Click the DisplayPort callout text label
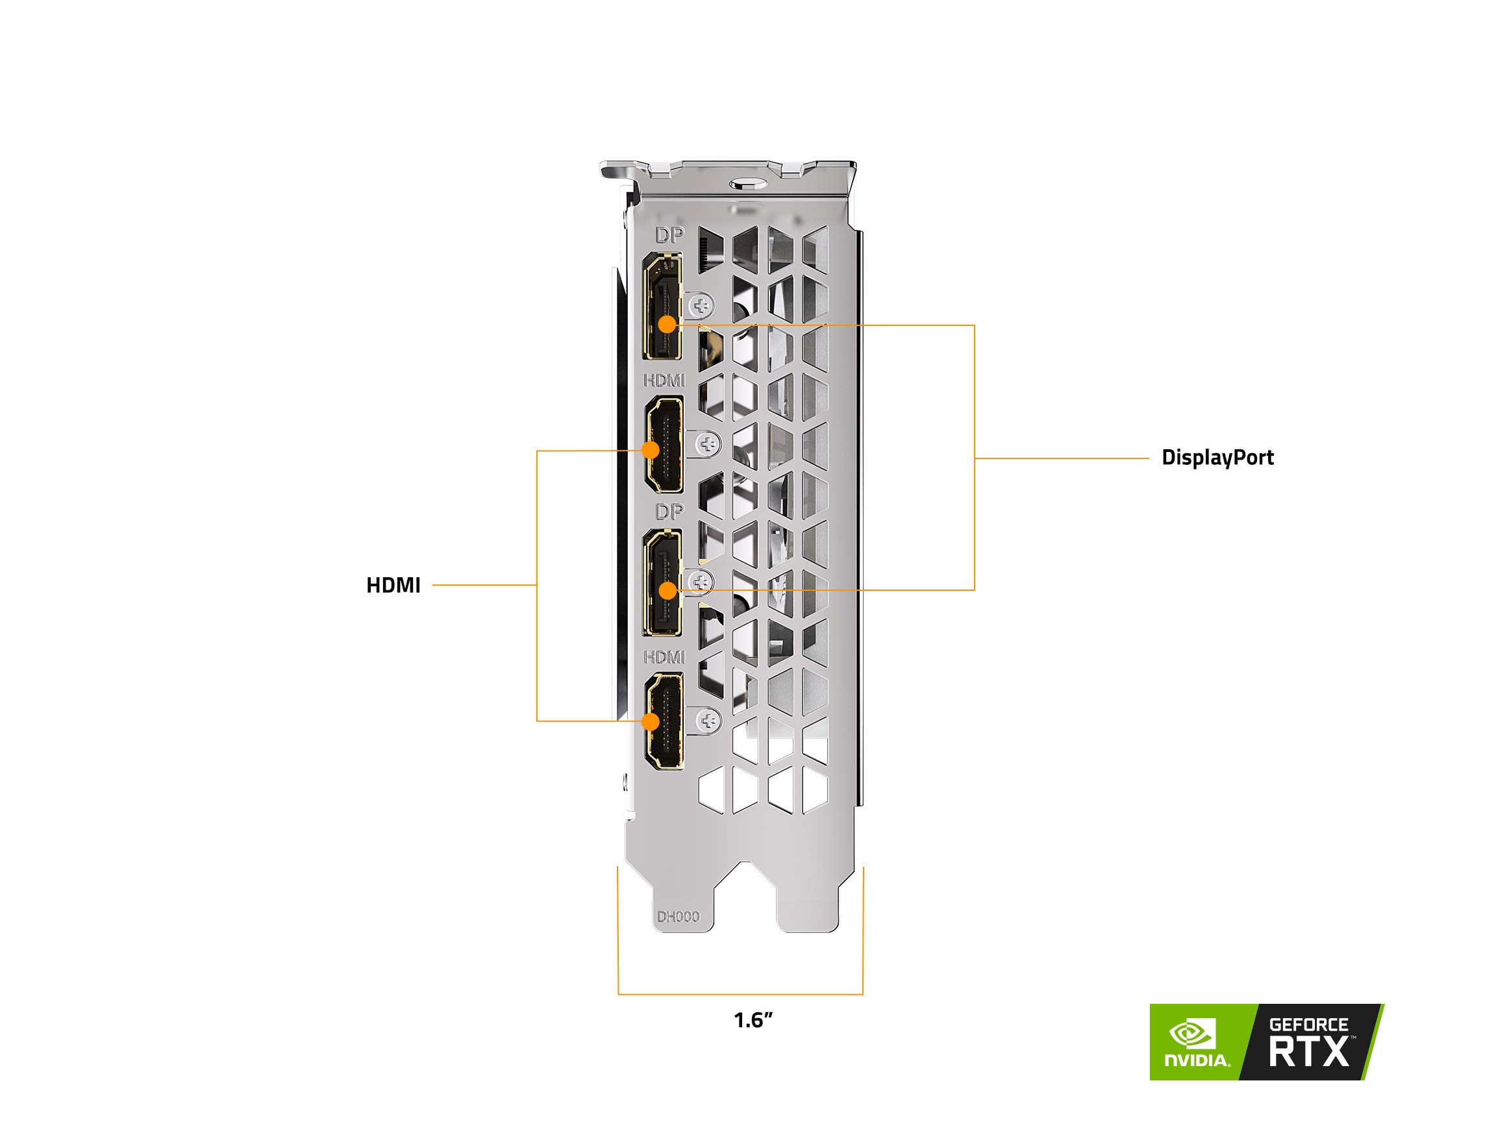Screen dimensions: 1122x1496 click(1217, 458)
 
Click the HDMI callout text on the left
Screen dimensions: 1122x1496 click(393, 586)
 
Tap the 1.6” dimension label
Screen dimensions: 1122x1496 click(753, 1020)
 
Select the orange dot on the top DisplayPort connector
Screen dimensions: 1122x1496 click(667, 325)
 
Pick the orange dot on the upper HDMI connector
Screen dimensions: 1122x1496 click(651, 450)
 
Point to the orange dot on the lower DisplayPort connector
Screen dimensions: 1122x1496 click(667, 591)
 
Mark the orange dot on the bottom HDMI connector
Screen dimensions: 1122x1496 click(651, 721)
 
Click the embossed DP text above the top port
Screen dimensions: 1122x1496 click(669, 235)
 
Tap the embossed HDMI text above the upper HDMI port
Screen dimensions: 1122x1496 click(664, 380)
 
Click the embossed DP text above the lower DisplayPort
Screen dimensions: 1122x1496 click(669, 511)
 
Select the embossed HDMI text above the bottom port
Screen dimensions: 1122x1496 click(664, 656)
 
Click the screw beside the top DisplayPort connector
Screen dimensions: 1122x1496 click(701, 306)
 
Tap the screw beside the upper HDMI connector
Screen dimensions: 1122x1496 click(708, 444)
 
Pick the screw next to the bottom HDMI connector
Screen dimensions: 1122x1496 click(708, 719)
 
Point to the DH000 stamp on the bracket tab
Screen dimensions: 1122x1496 click(678, 917)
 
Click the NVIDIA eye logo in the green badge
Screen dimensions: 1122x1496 click(1193, 1034)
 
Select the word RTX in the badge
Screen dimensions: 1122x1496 click(1308, 1053)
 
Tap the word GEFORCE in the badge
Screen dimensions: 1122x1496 click(1308, 1025)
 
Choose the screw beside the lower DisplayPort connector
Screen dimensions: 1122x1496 click(701, 581)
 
